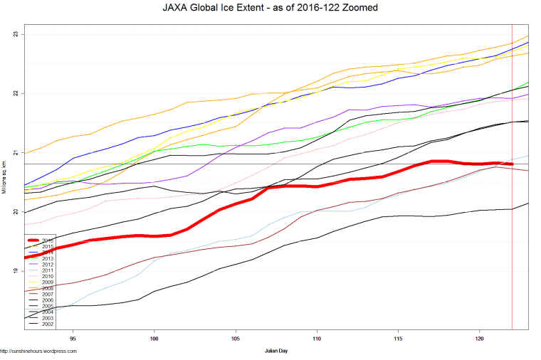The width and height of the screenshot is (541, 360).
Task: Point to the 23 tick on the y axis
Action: (16, 34)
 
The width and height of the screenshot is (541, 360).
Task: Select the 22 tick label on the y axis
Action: (16, 93)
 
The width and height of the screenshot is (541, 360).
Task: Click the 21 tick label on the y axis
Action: (16, 152)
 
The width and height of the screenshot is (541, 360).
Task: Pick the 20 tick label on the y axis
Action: (16, 211)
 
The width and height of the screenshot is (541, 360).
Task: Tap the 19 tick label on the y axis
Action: (16, 270)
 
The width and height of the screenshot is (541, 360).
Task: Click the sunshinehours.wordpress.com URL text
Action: (38, 351)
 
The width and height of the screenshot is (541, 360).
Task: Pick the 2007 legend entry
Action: (47, 295)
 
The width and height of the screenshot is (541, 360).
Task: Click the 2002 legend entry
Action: (47, 324)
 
